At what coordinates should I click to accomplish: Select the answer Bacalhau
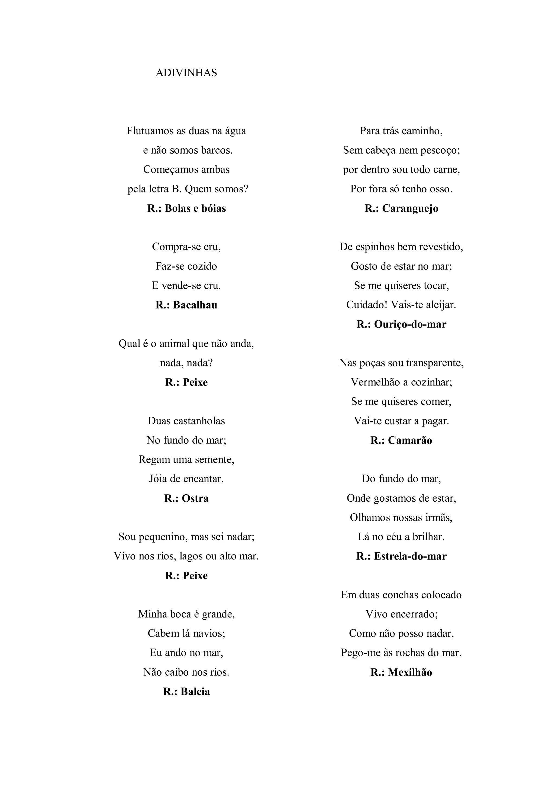[195, 305]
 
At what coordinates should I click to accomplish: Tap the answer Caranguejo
[410, 208]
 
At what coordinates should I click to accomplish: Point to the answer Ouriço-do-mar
[410, 324]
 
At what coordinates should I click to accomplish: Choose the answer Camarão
[410, 440]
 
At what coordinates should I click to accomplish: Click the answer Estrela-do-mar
[410, 556]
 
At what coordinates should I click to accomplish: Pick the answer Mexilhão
[410, 672]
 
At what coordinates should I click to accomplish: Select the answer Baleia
[195, 692]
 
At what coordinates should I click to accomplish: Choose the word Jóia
[158, 479]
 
